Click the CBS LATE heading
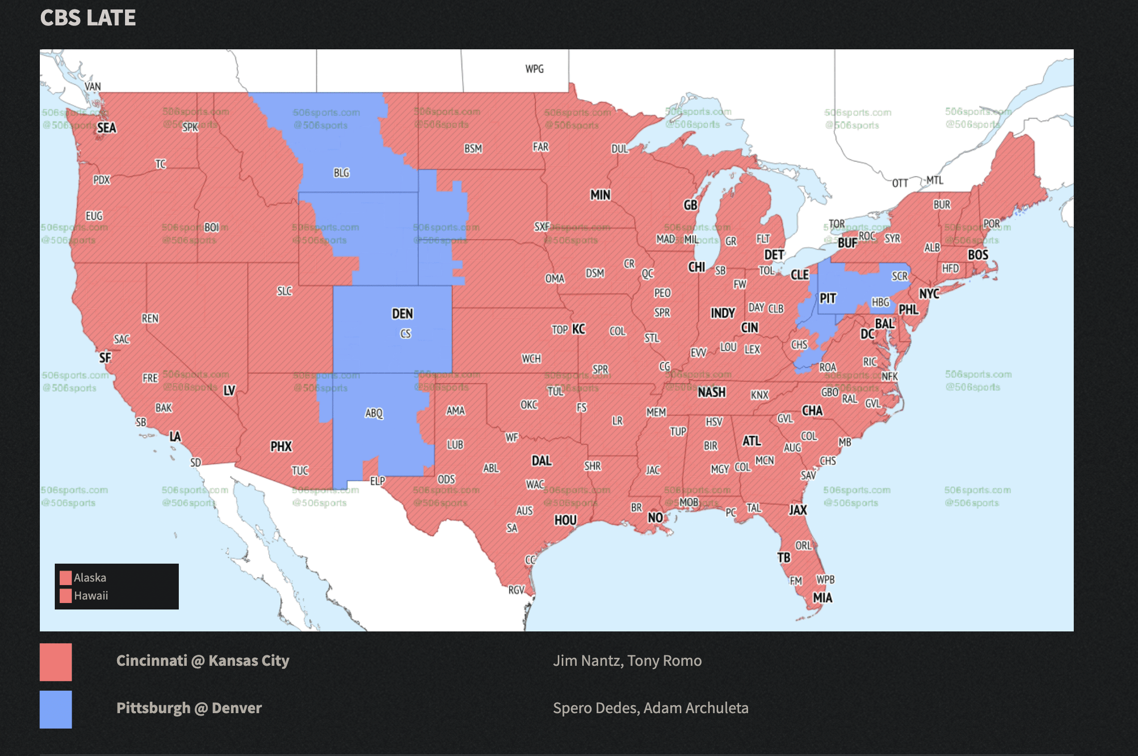click(x=88, y=18)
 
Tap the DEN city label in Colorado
click(x=402, y=314)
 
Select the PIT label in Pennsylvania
click(x=827, y=299)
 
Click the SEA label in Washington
click(x=107, y=128)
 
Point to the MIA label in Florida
click(x=822, y=598)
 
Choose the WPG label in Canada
click(x=534, y=69)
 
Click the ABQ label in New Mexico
click(x=374, y=413)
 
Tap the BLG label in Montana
click(x=341, y=173)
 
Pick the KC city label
click(x=578, y=329)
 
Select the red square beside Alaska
click(x=65, y=578)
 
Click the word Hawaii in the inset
click(x=91, y=596)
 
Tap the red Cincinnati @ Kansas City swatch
click(x=56, y=662)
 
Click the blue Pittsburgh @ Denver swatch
click(x=56, y=709)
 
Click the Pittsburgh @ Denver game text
click(x=189, y=708)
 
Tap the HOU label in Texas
click(x=565, y=520)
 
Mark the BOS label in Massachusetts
click(x=978, y=255)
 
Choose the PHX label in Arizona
click(x=281, y=447)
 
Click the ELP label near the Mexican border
click(x=378, y=481)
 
